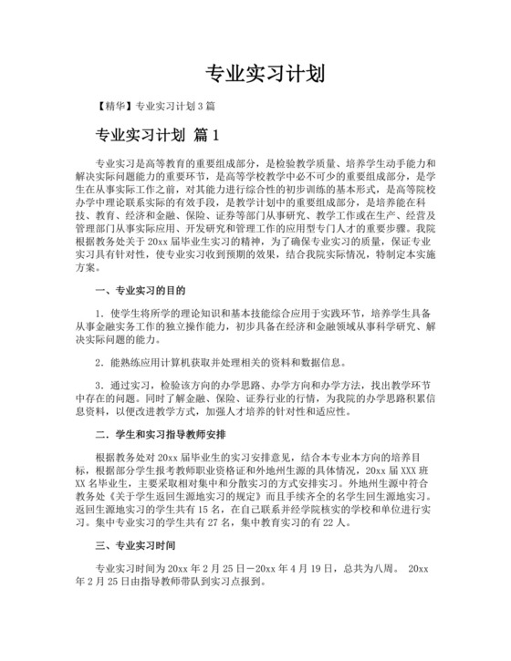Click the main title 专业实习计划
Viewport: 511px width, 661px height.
255,73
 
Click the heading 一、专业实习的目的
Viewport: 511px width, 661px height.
141,292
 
